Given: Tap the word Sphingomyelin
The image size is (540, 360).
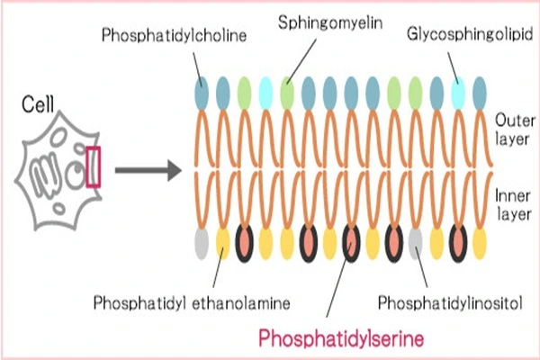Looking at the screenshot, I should pos(318,19).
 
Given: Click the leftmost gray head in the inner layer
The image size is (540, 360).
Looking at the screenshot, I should pos(201,241).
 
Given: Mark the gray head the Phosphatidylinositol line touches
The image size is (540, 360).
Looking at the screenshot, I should pos(415,241).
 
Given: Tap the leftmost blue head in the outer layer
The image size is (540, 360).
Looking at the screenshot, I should pos(201,92).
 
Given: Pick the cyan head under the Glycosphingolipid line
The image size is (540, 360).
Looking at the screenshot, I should pos(458,92).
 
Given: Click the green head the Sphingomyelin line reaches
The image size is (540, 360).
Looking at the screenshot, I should pos(287,92).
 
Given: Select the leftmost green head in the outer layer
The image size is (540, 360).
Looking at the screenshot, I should pos(244,92).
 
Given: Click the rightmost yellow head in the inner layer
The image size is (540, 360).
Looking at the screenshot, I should pos(479,241).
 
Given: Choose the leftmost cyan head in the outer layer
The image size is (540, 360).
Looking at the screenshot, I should pos(265,92).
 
